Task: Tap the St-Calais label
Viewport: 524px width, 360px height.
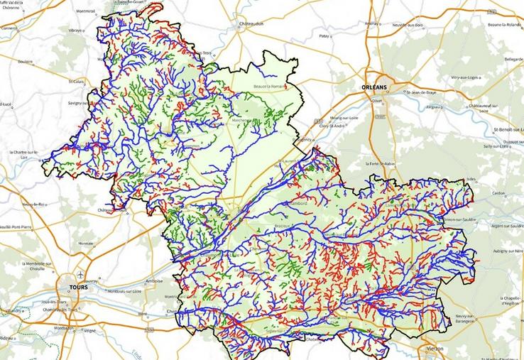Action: [76, 82]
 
